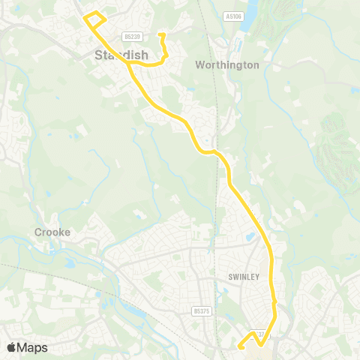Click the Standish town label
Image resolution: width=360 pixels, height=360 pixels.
121,55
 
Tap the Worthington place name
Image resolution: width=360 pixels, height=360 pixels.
226,65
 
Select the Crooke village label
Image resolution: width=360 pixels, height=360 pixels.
52,232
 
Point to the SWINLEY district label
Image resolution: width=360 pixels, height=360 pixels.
243,277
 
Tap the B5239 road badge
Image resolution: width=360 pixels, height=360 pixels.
133,36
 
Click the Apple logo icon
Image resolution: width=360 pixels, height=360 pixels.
13,347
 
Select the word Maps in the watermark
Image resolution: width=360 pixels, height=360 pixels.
33,347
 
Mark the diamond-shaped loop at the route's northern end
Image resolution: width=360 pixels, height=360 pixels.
94,19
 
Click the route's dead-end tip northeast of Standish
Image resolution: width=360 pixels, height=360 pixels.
161,34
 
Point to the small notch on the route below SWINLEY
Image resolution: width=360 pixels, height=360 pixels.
275,302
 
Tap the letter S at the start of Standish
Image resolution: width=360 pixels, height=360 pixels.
99,55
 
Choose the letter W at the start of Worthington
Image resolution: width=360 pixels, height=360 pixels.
199,65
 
